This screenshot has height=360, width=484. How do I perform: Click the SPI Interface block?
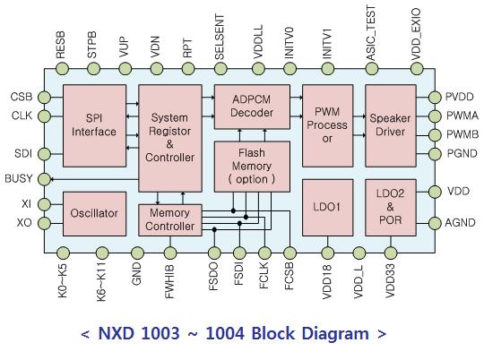tap(94, 126)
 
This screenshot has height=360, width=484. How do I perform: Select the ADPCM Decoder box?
tap(252, 107)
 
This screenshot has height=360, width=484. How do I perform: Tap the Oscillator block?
tap(94, 214)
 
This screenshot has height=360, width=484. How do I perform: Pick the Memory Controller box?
tap(170, 220)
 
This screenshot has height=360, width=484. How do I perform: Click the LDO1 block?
tap(327, 208)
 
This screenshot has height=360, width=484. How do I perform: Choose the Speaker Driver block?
tap(391, 126)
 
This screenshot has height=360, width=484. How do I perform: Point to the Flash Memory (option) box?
tap(252, 167)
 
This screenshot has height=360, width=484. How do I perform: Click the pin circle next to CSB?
tap(44, 98)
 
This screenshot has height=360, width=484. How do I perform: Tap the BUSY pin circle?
tap(44, 179)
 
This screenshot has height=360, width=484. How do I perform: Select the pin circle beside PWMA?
tap(435, 116)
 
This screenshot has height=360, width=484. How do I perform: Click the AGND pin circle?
tap(435, 223)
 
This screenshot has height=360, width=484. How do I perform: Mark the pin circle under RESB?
tap(63, 68)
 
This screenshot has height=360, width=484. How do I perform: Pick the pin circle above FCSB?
tap(290, 253)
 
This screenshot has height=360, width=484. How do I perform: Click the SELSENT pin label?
tap(220, 37)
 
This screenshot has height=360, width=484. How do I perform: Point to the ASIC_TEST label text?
tap(371, 33)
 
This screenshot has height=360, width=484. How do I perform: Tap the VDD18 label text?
tap(327, 282)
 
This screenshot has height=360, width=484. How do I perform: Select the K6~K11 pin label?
tap(101, 282)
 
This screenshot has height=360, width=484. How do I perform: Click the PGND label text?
tap(462, 153)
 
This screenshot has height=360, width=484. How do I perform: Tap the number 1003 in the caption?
tap(160, 333)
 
